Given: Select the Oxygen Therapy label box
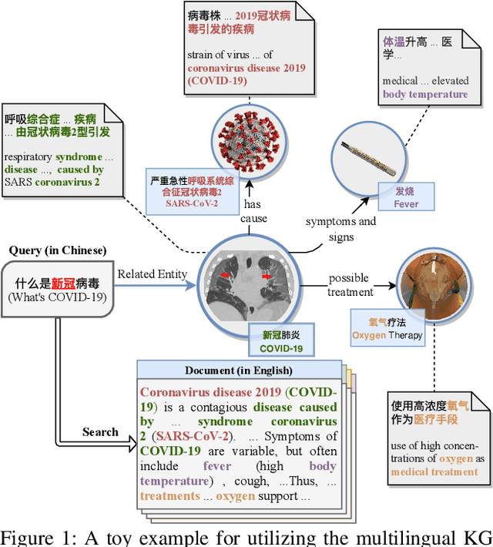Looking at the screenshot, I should coord(387,329).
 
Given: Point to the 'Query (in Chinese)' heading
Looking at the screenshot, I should coord(58,251).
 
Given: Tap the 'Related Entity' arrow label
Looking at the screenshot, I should coord(152,273).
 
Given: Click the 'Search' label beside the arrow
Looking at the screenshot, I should coord(100,432).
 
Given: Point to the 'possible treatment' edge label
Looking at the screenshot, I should coord(350,284).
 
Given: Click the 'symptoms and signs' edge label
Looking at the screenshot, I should coord(341,230).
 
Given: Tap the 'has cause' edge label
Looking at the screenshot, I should coord(256,212).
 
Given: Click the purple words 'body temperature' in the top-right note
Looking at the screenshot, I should coord(425,94).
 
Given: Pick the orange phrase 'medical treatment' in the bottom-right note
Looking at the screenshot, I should coord(434,471).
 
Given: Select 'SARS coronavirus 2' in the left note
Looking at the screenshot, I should coord(52,182).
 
